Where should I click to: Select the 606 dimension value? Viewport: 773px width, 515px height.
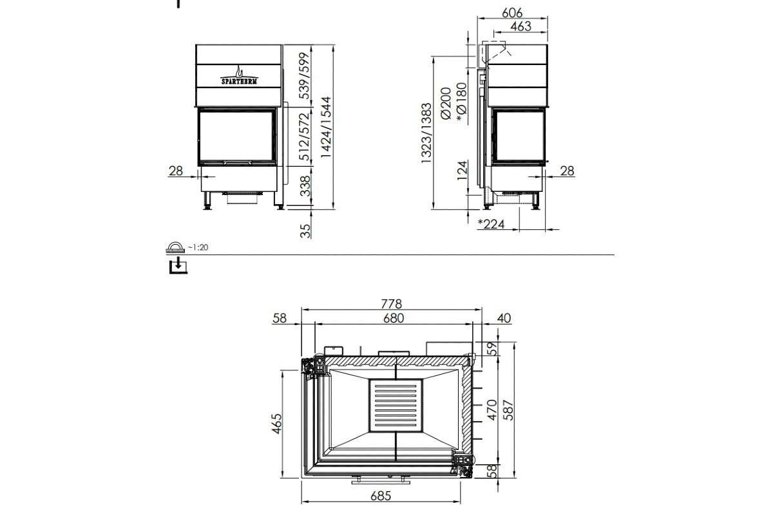511,12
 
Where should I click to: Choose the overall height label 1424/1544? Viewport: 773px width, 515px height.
326,128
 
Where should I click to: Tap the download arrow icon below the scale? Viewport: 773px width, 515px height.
178,265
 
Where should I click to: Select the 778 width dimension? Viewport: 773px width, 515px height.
391,303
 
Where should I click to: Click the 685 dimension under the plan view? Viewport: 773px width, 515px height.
381,496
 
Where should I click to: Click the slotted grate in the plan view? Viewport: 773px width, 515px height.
396,406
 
